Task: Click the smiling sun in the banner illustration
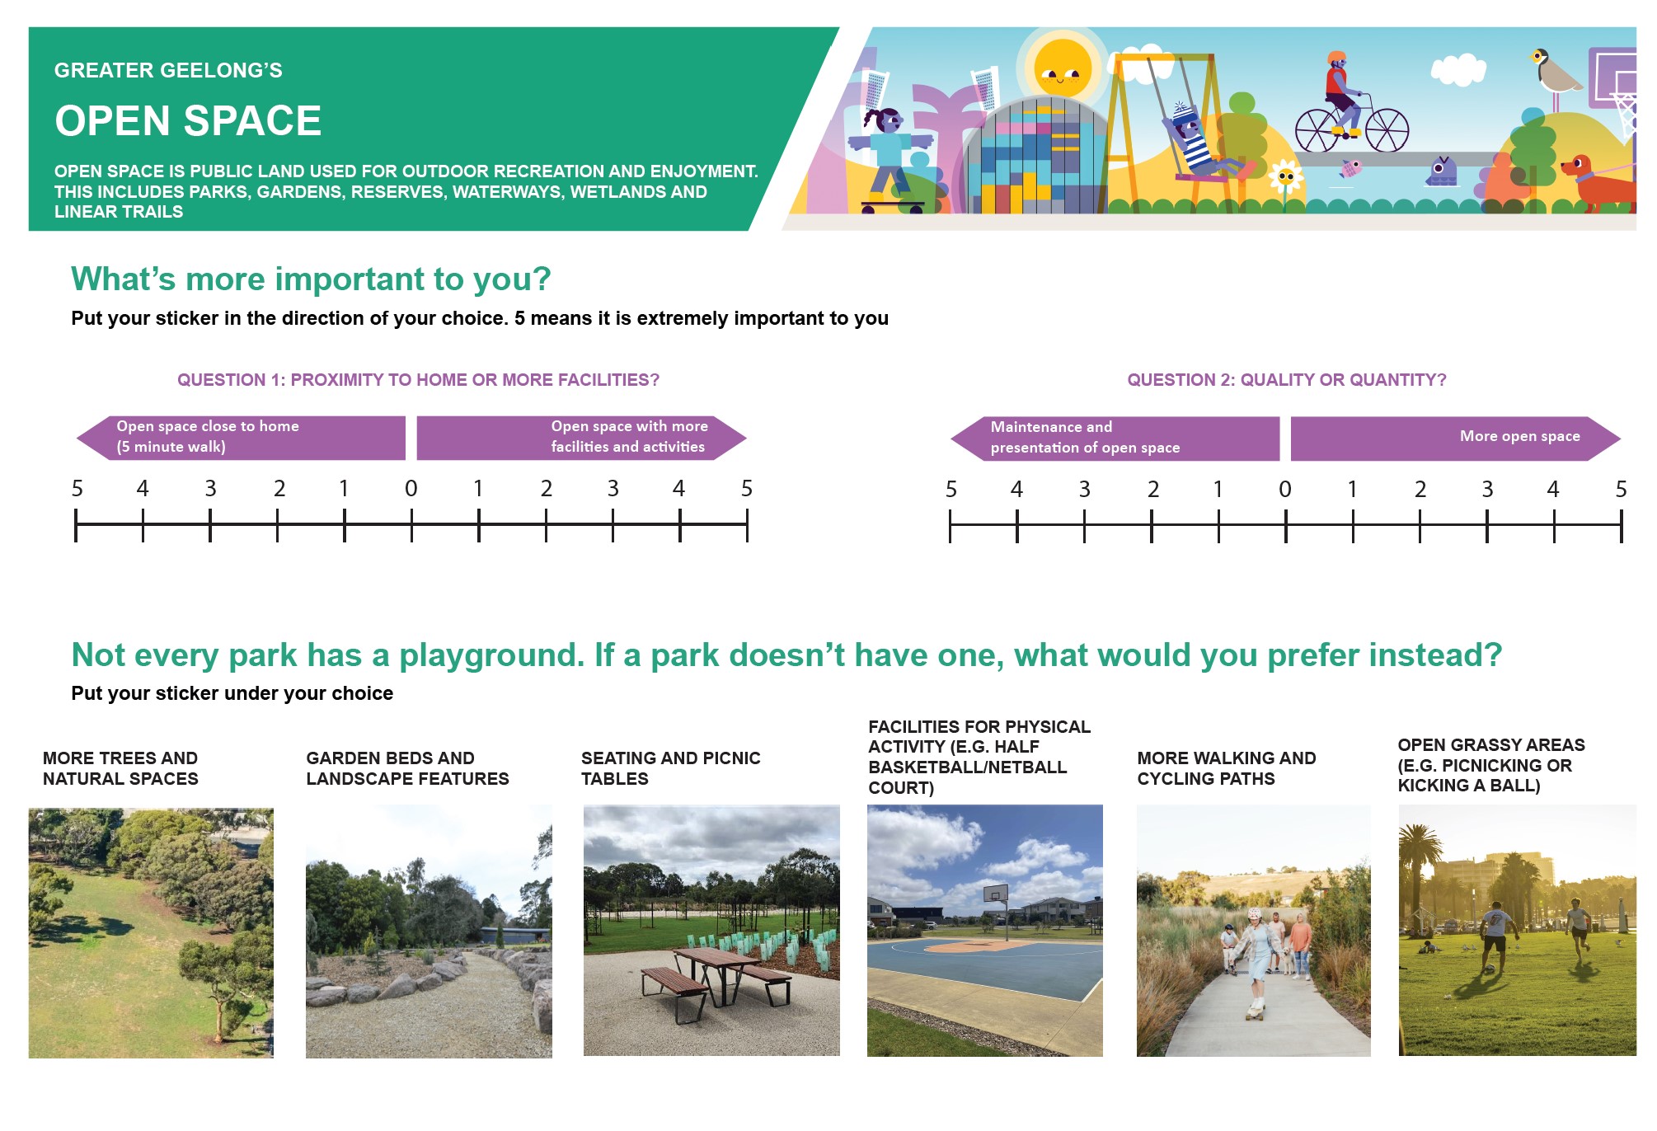click(x=1062, y=69)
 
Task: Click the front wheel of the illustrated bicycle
click(x=1387, y=130)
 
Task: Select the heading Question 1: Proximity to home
click(x=418, y=380)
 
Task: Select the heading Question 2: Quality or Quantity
click(x=1286, y=380)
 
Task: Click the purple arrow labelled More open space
click(x=1455, y=438)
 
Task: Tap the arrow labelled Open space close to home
click(x=241, y=437)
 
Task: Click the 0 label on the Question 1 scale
click(x=411, y=489)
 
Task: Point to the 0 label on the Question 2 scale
click(x=1285, y=490)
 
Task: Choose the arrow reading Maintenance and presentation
click(x=1115, y=438)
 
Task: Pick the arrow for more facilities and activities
click(x=581, y=437)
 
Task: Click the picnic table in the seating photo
click(x=716, y=980)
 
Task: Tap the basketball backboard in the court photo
click(x=995, y=894)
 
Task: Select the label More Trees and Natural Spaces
click(x=120, y=768)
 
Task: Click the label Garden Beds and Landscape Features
click(x=407, y=768)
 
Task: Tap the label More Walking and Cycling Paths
click(x=1226, y=768)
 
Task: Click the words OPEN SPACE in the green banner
click(x=188, y=121)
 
